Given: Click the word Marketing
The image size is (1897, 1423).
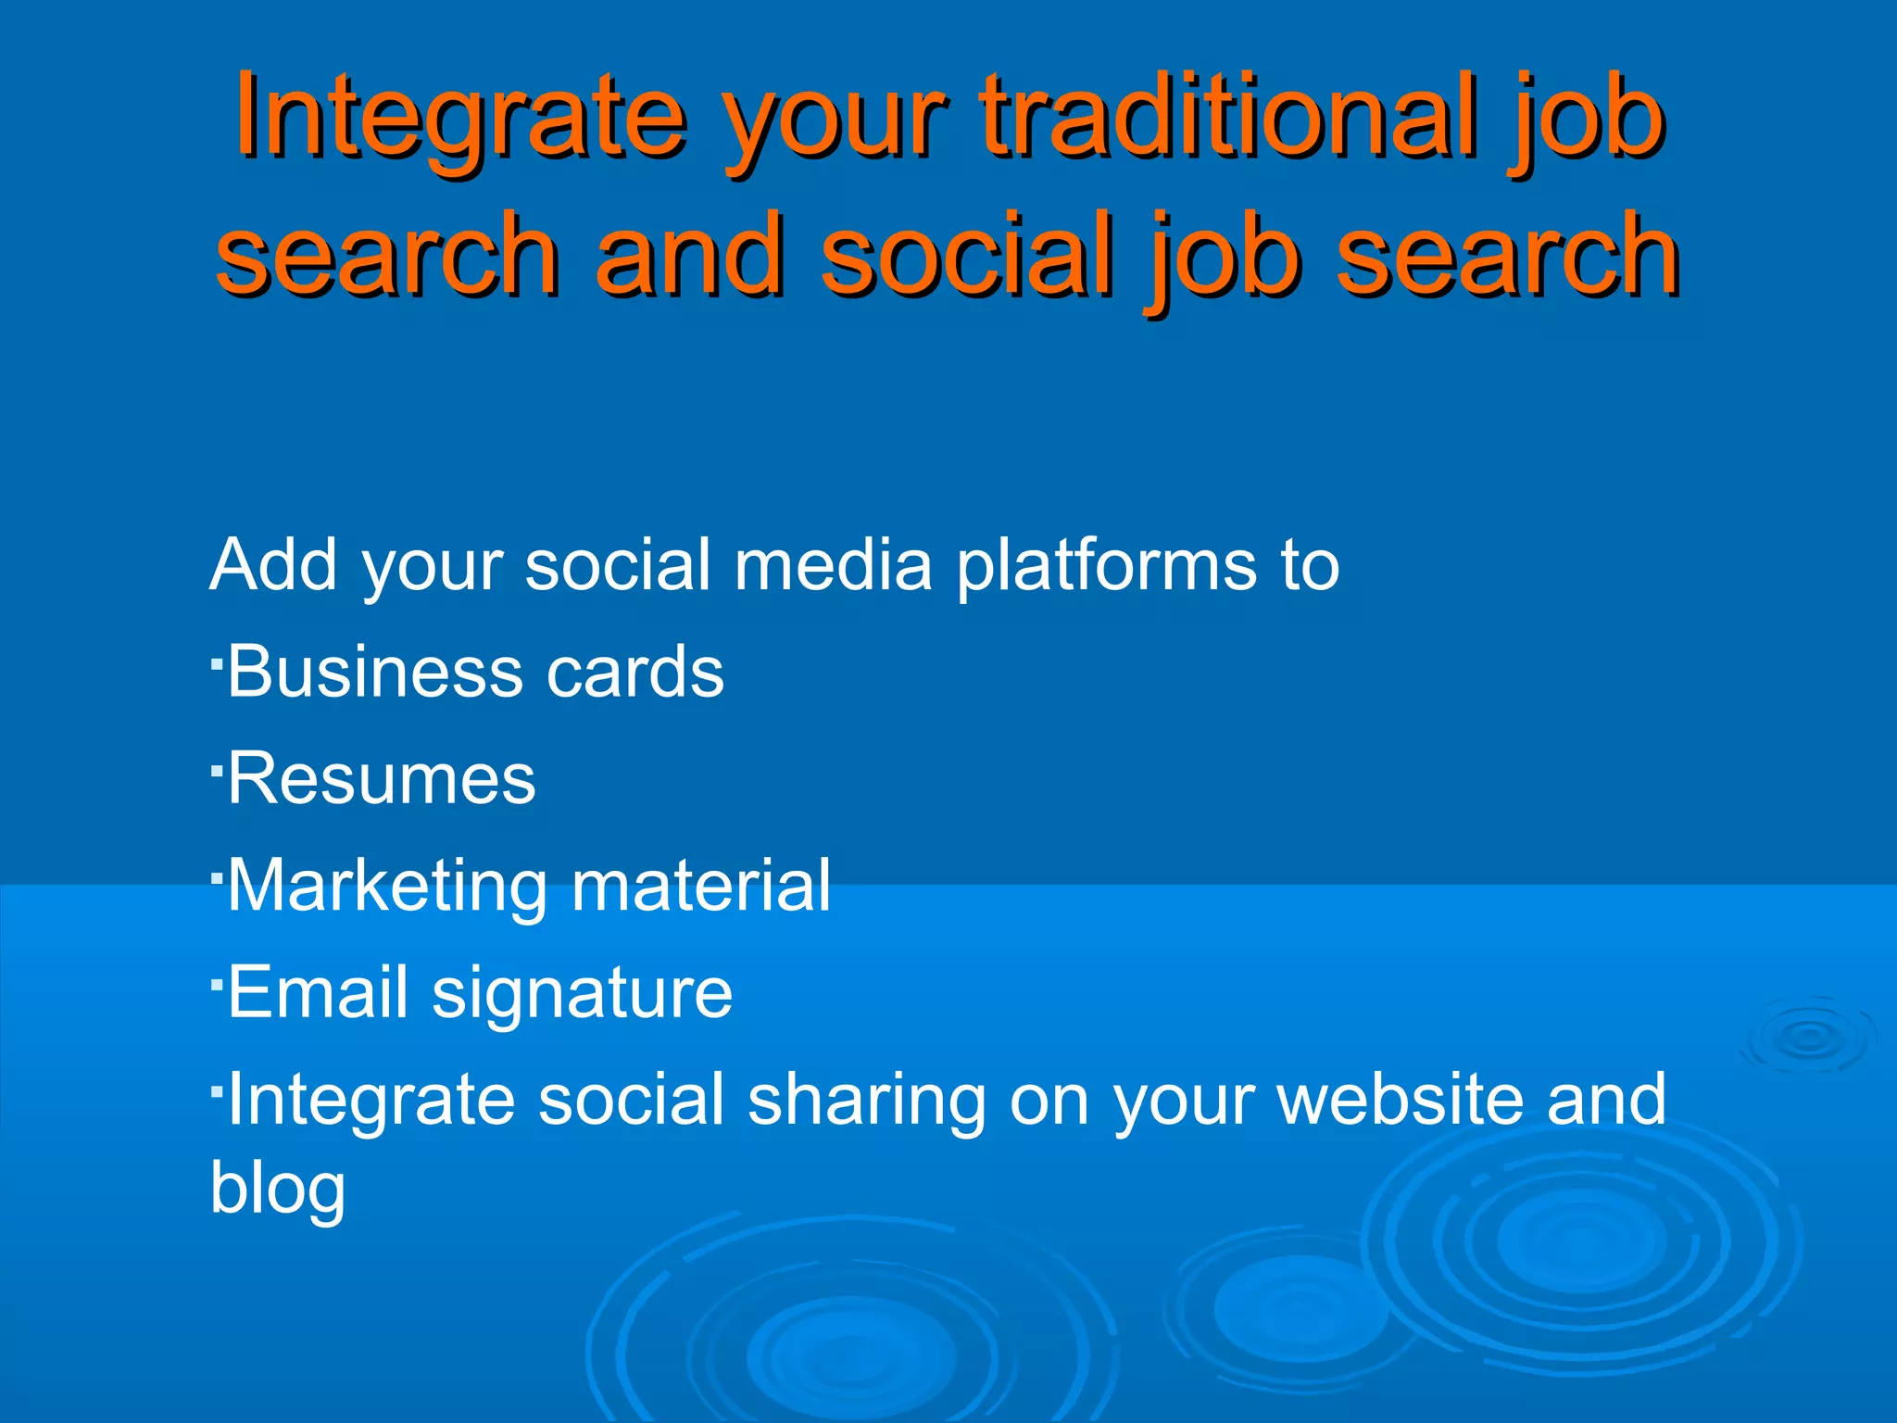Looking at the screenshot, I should [x=388, y=888].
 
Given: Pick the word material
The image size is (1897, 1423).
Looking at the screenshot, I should [x=701, y=886].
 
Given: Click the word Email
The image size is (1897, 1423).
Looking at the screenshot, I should [x=318, y=992].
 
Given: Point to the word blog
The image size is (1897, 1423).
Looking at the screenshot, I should [x=277, y=1190].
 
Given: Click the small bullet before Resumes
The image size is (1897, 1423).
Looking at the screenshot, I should [x=215, y=770].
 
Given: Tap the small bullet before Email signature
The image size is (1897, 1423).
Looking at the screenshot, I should [x=215, y=984].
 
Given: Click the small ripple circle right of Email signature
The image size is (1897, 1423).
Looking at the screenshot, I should [x=1807, y=1039].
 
